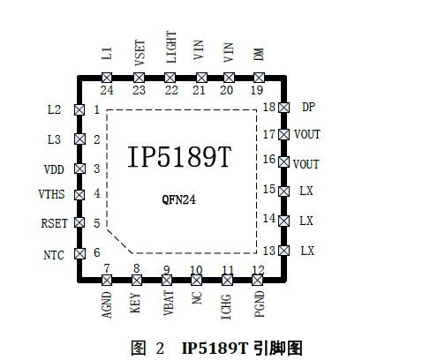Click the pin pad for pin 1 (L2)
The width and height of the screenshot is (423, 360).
79,109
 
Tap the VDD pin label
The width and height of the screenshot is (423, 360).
54,169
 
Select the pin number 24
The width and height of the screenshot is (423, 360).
107,90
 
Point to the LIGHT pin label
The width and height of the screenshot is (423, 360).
171,47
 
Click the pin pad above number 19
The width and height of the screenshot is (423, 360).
259,78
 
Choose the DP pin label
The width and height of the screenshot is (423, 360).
308,107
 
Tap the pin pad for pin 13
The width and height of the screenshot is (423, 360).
283,251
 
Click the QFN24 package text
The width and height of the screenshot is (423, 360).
178,199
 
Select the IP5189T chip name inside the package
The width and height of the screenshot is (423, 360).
179,157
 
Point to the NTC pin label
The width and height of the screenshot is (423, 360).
54,255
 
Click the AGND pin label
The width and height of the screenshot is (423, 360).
107,304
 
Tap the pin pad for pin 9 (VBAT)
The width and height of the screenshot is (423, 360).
167,280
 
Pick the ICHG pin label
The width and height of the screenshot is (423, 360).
226,307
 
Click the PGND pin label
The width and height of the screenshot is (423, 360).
260,304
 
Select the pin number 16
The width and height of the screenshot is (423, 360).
269,159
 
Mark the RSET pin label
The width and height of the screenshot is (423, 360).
55,223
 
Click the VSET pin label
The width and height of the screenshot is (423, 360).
140,53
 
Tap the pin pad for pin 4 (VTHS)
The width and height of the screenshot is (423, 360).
79,195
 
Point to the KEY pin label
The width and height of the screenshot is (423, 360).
135,303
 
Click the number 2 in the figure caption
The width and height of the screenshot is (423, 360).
160,349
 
